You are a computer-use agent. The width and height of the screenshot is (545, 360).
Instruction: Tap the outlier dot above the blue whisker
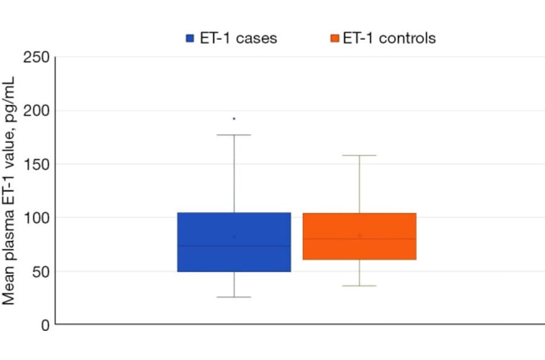coord(234,119)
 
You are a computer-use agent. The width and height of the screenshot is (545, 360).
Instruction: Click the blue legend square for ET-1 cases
coord(190,38)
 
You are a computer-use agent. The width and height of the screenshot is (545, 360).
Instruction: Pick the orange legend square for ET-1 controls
coord(334,38)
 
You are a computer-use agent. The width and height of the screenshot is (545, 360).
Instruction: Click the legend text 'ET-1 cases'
coord(239,38)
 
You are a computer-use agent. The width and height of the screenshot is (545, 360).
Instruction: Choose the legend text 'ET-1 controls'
coord(389,38)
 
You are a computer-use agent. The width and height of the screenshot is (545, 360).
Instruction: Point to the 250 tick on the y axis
coord(36,58)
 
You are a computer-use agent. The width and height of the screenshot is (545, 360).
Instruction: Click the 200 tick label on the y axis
coord(36,111)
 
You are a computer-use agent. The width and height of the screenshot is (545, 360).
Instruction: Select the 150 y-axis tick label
coord(36,164)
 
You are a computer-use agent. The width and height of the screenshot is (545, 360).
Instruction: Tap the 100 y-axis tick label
coord(36,218)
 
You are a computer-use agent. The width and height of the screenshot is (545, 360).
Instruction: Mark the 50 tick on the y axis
coord(40,271)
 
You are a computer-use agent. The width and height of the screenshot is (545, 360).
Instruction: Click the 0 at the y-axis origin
coord(44,325)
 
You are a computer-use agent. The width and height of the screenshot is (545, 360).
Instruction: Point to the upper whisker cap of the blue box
coord(234,135)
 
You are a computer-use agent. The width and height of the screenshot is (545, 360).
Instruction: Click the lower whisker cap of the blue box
coord(234,297)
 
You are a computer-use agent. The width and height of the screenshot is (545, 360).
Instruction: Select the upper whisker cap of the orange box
coord(359,156)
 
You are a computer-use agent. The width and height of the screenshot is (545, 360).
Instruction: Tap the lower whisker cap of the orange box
coord(359,285)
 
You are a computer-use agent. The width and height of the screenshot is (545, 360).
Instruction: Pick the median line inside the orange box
coord(388,239)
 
